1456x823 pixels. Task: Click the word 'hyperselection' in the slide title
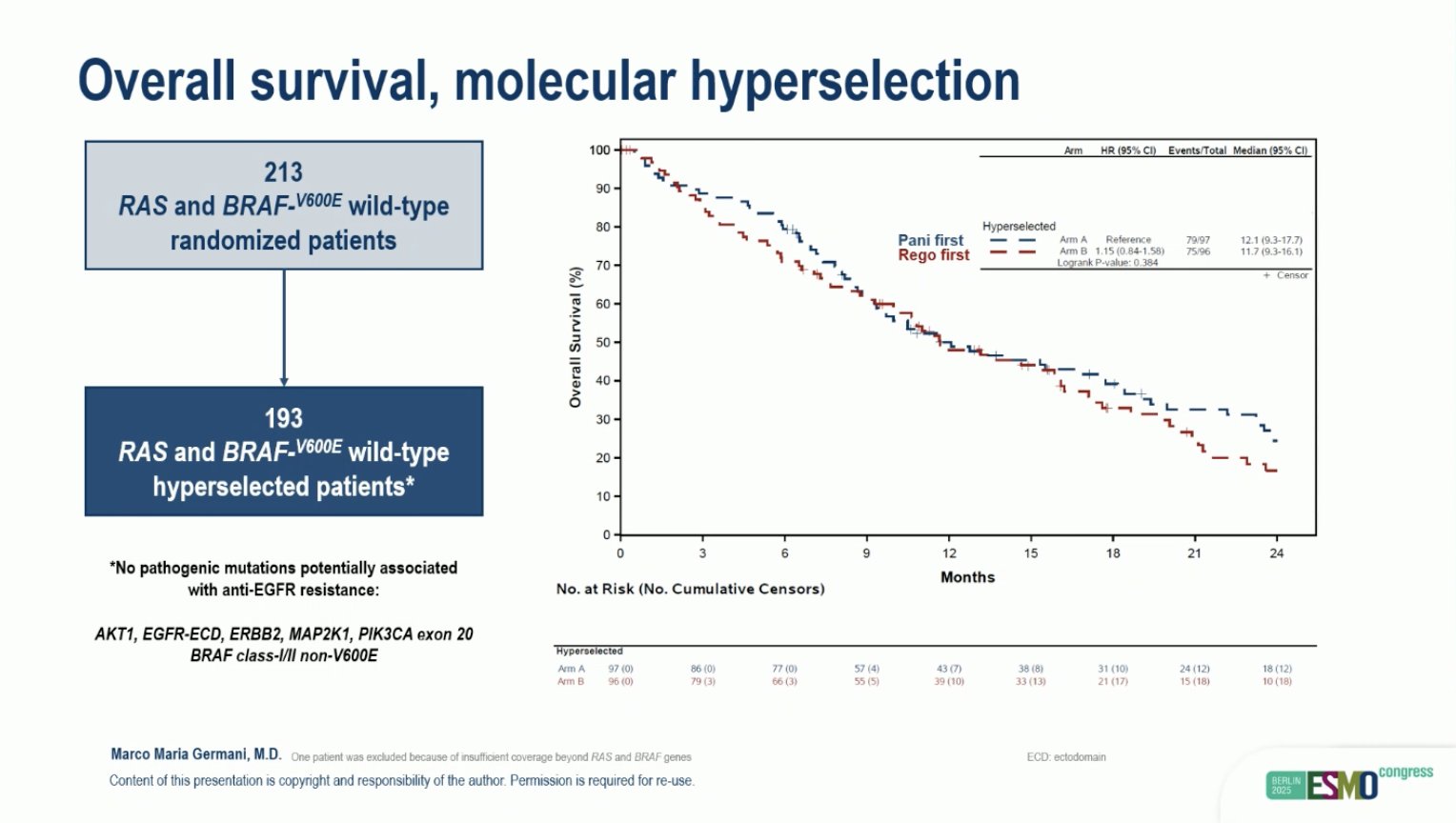pos(855,81)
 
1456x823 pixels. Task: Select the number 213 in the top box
pos(283,172)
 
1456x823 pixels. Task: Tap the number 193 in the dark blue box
pos(283,418)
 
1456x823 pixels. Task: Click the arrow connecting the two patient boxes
pos(284,328)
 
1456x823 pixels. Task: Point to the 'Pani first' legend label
pos(930,240)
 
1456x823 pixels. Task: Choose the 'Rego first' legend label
pos(933,255)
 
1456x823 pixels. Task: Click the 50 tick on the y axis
pos(602,342)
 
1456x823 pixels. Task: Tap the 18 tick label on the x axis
pos(1112,553)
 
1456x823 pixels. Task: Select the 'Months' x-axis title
pos(967,577)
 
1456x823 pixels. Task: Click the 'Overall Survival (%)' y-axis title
pos(575,337)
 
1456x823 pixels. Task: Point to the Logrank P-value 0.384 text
pos(1107,263)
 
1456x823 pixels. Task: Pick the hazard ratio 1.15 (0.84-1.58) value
pos(1129,251)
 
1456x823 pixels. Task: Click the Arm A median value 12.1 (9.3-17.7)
pos(1270,240)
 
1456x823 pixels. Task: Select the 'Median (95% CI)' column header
pos(1269,151)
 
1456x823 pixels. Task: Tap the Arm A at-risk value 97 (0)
pos(620,669)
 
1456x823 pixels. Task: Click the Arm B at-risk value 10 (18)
pos(1277,681)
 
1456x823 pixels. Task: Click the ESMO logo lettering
pos(1342,786)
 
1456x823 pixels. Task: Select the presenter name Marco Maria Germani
pos(195,754)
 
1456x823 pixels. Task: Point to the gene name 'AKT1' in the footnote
pos(114,634)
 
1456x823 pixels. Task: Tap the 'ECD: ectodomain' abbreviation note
pos(1066,757)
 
